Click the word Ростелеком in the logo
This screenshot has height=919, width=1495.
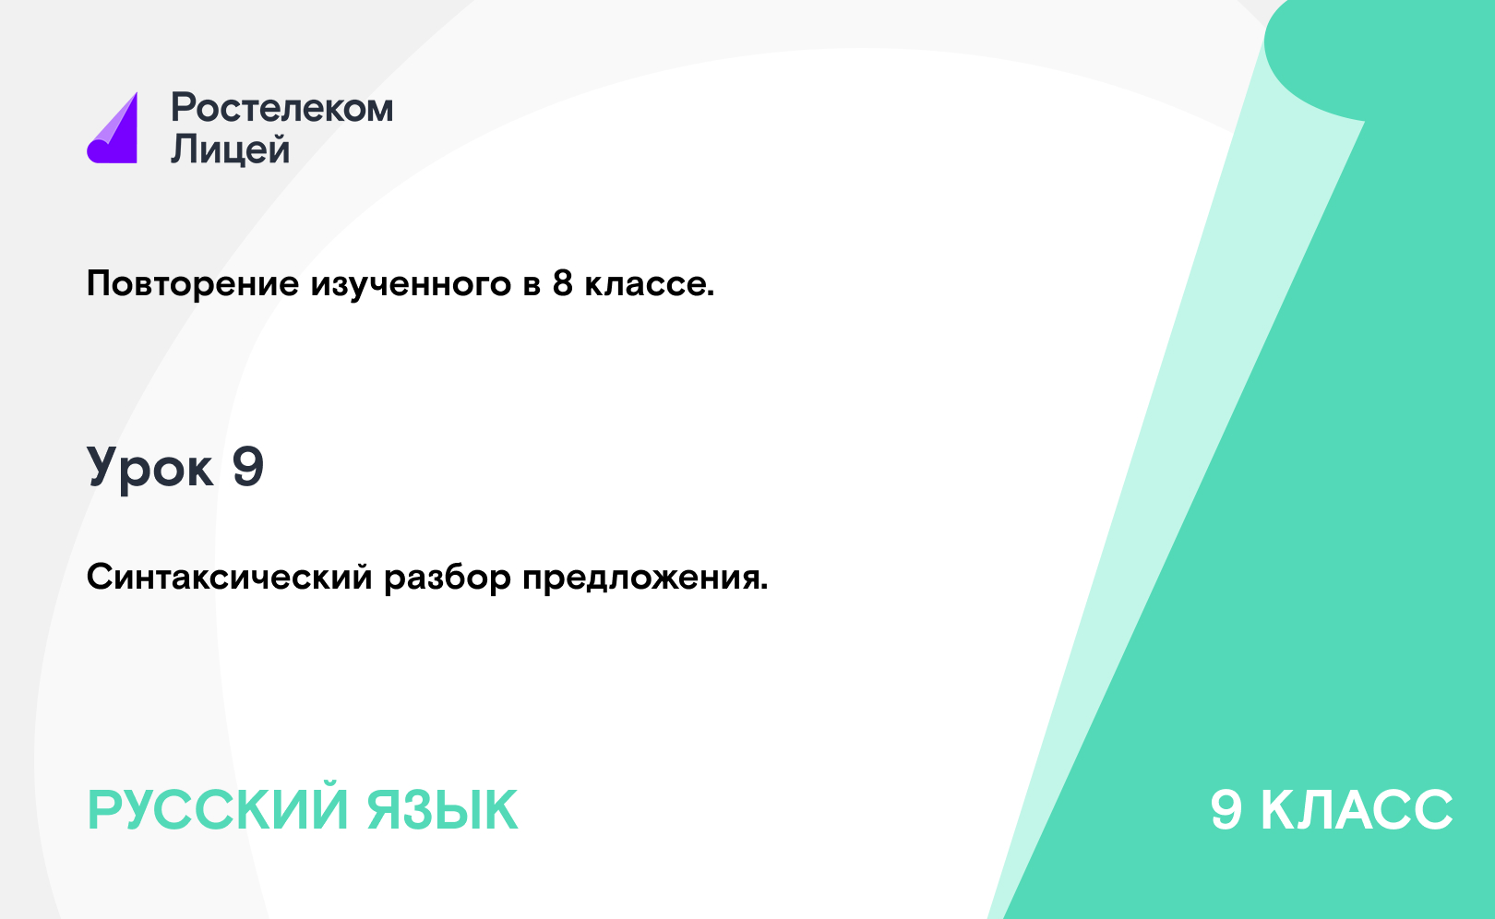click(x=281, y=108)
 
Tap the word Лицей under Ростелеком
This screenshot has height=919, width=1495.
click(x=231, y=149)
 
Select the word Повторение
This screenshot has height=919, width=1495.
click(x=193, y=284)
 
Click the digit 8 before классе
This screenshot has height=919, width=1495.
click(x=563, y=283)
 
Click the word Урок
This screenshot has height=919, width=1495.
click(x=150, y=468)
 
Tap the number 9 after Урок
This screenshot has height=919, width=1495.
click(x=248, y=466)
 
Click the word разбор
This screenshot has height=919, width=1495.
click(x=448, y=577)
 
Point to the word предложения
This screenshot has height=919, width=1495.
click(x=640, y=578)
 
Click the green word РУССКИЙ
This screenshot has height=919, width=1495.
click(x=218, y=810)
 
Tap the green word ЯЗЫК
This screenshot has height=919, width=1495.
click(x=442, y=810)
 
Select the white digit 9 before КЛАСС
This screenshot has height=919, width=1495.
click(x=1226, y=810)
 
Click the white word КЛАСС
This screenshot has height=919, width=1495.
click(x=1357, y=810)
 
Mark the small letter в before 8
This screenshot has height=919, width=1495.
click(x=532, y=286)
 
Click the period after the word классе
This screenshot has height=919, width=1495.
click(x=711, y=293)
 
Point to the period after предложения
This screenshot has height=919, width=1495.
click(x=763, y=588)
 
